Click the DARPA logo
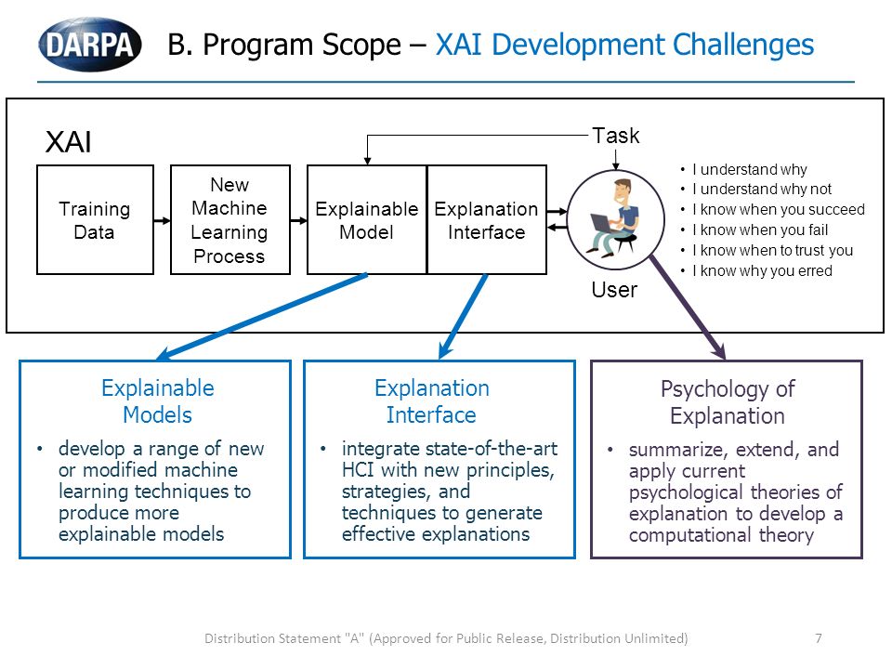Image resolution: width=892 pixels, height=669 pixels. [90, 45]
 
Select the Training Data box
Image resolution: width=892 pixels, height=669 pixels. [95, 219]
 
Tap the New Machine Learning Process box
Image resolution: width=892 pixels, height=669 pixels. [230, 219]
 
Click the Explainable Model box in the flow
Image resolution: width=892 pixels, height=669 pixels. [367, 219]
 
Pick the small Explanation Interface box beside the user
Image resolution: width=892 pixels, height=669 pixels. [486, 219]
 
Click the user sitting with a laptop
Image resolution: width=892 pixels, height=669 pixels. [615, 219]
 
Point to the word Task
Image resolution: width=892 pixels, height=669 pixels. [615, 136]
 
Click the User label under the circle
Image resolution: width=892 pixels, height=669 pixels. [614, 290]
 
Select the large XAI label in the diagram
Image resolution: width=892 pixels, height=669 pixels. [68, 141]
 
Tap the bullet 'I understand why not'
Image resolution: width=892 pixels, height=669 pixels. [762, 189]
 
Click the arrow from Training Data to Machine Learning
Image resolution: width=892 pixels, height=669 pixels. [162, 221]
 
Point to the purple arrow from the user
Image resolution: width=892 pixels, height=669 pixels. [688, 308]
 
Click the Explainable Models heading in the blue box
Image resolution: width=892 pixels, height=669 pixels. [158, 401]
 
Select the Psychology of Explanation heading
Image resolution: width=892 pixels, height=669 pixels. [728, 402]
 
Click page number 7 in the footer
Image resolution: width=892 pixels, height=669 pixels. [818, 638]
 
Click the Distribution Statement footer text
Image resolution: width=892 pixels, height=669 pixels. [446, 638]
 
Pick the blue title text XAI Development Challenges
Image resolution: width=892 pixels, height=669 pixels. [624, 45]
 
